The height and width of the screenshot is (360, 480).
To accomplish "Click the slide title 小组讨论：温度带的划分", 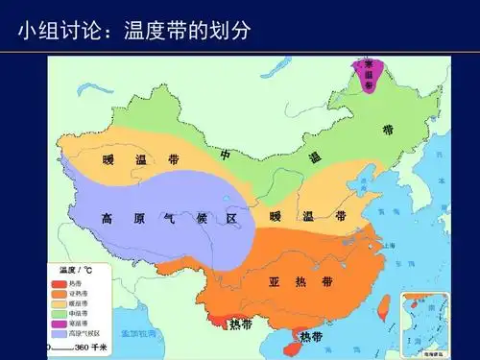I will tap(134, 31).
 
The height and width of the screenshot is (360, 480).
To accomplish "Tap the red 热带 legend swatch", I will tap(60, 282).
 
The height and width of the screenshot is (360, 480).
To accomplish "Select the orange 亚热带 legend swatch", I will tap(60, 293).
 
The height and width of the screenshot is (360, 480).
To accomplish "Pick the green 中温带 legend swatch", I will tap(60, 313).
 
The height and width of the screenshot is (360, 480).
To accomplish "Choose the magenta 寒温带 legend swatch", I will tap(60, 324).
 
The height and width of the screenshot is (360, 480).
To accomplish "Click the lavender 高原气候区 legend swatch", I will tap(60, 334).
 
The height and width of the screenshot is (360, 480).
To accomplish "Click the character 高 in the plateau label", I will tap(108, 219).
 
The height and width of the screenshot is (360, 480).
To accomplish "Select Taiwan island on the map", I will tap(383, 307).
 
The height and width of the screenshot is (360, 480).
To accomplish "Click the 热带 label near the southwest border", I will tap(241, 324).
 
